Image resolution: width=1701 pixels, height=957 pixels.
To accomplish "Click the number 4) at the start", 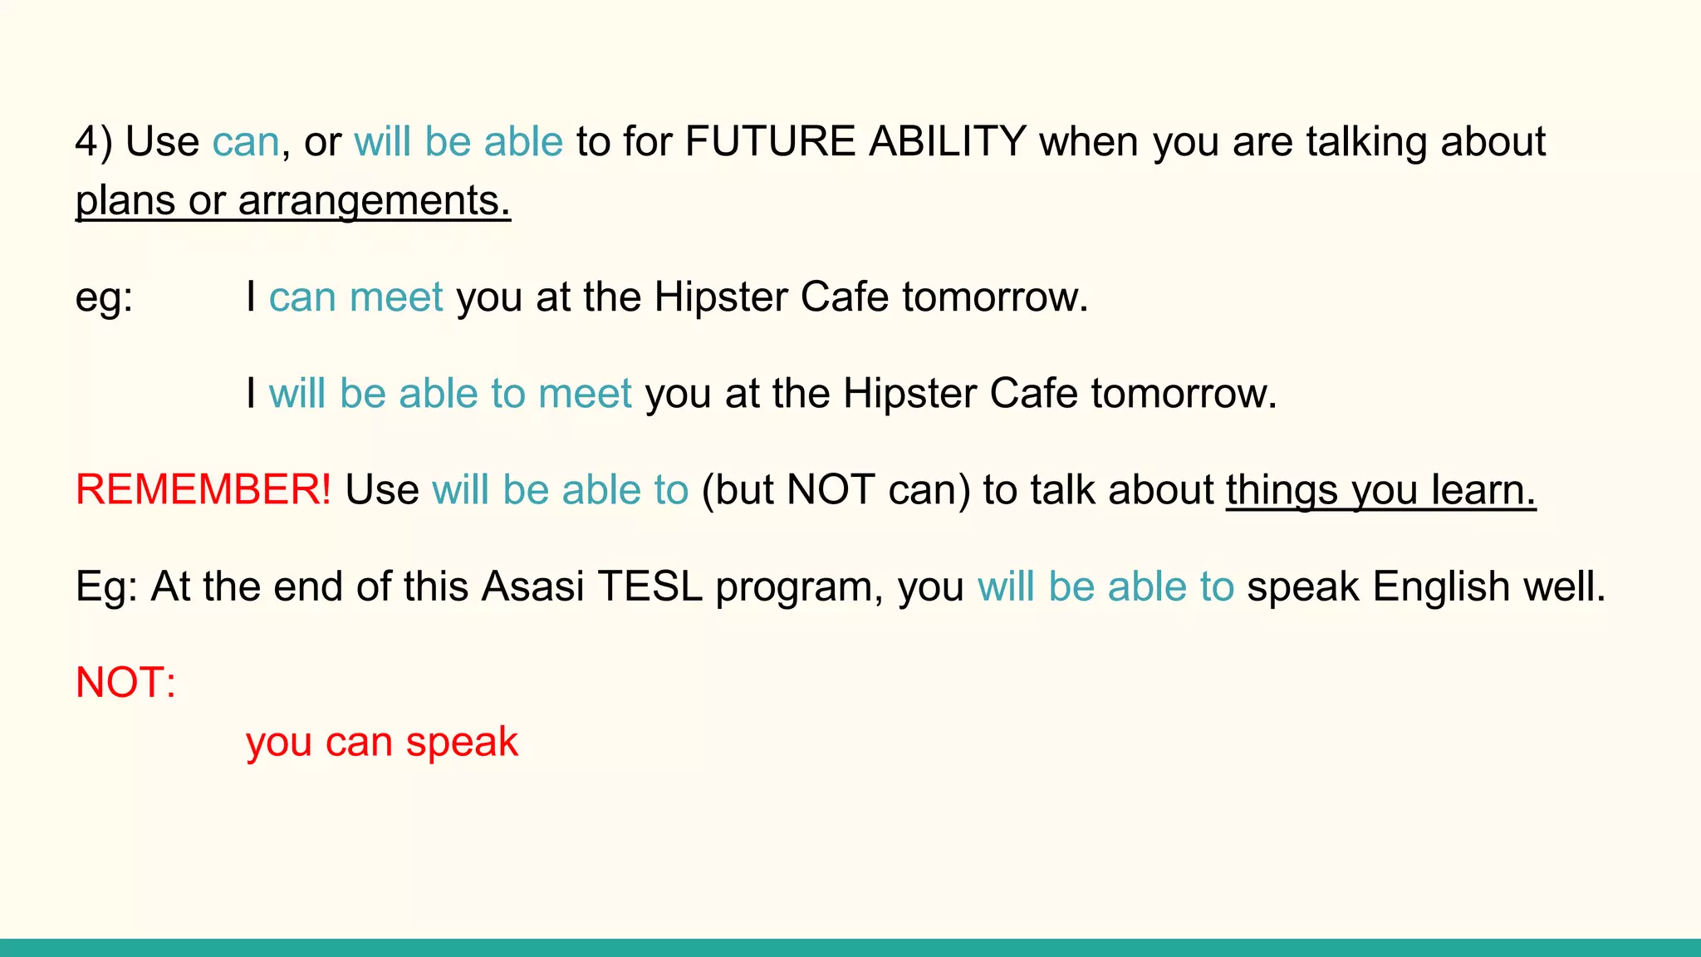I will [x=93, y=142].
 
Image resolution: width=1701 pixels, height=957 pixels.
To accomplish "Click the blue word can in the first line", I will [x=246, y=142].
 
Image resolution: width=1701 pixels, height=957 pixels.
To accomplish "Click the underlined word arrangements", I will [x=374, y=201].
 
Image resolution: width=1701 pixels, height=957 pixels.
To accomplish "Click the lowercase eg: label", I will [x=104, y=297].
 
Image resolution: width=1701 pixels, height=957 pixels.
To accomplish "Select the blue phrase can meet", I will [x=355, y=297].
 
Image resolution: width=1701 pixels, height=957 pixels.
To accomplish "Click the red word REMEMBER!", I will [x=203, y=490].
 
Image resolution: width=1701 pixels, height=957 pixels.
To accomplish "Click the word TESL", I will [x=650, y=586].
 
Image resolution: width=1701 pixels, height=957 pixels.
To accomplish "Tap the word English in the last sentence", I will [x=1440, y=586].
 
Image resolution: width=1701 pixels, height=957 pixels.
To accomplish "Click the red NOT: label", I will [x=125, y=683].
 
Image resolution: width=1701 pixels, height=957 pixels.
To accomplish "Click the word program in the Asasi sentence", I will [x=799, y=586].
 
